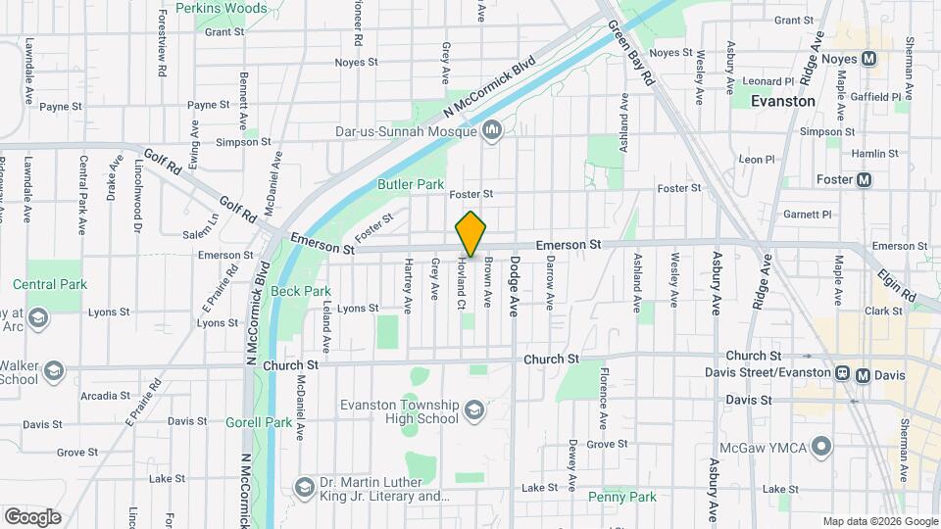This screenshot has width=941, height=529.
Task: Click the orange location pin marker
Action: click(471, 234)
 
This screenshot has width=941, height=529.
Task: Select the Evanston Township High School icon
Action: click(474, 409)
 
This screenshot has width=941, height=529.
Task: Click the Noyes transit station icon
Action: click(868, 58)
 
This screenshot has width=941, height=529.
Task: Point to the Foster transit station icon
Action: click(864, 179)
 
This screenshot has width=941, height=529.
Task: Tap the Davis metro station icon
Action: click(864, 373)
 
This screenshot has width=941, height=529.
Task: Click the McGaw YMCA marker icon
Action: click(823, 448)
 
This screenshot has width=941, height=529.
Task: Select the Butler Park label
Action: click(411, 184)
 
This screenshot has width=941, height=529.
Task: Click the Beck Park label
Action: click(301, 291)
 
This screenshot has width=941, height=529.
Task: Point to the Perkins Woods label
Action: click(222, 9)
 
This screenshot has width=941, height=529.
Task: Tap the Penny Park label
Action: click(622, 497)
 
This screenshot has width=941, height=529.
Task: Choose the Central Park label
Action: click(50, 284)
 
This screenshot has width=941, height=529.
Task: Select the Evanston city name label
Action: click(782, 101)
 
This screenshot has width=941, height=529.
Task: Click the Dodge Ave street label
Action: click(512, 287)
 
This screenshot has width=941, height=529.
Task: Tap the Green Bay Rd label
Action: click(630, 55)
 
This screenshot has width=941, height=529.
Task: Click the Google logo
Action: click(32, 516)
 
